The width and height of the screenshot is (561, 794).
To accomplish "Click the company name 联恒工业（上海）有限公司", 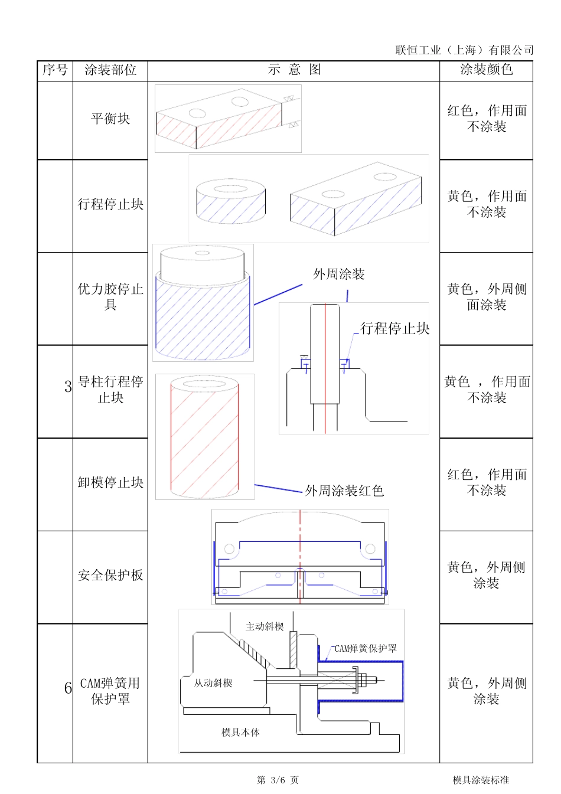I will point(464,50).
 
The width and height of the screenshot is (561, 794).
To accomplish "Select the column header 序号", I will point(55,70).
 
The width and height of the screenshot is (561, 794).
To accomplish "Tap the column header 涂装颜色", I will point(486,70).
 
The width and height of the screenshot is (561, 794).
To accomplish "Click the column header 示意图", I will point(294,70).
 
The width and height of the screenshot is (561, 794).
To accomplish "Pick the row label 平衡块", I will point(110,119).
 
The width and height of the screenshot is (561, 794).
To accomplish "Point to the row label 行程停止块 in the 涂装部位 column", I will point(110,204).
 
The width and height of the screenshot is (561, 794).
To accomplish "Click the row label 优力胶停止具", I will point(110,296).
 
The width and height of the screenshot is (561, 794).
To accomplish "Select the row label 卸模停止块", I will point(110,483).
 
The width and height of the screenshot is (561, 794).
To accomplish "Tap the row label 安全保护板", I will point(110,575).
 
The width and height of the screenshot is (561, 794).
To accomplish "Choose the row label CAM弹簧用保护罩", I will point(110,691).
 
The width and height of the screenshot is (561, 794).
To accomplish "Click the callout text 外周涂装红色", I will point(344,491).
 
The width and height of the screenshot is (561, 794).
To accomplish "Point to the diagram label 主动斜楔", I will point(265,626).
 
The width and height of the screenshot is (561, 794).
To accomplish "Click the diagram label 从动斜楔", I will point(213,683).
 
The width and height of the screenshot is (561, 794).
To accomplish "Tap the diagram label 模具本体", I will point(240,732).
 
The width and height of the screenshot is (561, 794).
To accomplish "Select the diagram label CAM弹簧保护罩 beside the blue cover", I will point(366,648).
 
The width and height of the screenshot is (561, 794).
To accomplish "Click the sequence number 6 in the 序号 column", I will point(68,688).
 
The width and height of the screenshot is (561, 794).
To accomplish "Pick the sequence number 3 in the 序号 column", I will point(68,387).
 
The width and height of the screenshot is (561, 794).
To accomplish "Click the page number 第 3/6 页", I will point(278,780).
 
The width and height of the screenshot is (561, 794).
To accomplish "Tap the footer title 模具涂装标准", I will point(481,780).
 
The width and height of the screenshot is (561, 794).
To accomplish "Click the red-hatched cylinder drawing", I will point(204,437).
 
